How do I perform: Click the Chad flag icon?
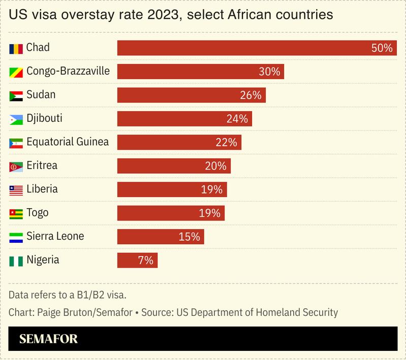pyautogui.click(x=16, y=49)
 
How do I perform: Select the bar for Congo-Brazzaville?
pyautogui.click(x=200, y=72)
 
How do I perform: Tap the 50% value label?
pyautogui.click(x=382, y=48)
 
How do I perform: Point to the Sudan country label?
pyautogui.click(x=41, y=95)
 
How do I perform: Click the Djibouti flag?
pyautogui.click(x=16, y=119)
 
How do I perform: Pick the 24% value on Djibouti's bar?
pyautogui.click(x=237, y=119)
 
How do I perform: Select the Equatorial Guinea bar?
pyautogui.click(x=179, y=142)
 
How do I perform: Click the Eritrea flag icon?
pyautogui.click(x=16, y=167)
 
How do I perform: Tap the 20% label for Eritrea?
pyautogui.click(x=215, y=166)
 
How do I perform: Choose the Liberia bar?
pyautogui.click(x=172, y=189)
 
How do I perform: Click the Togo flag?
pyautogui.click(x=16, y=214)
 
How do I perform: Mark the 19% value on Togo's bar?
pyautogui.click(x=210, y=213)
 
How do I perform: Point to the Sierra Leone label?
pyautogui.click(x=55, y=236)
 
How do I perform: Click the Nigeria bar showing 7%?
pyautogui.click(x=137, y=260)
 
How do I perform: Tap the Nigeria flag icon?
pyautogui.click(x=16, y=261)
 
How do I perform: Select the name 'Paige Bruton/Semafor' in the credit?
pyautogui.click(x=84, y=312)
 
